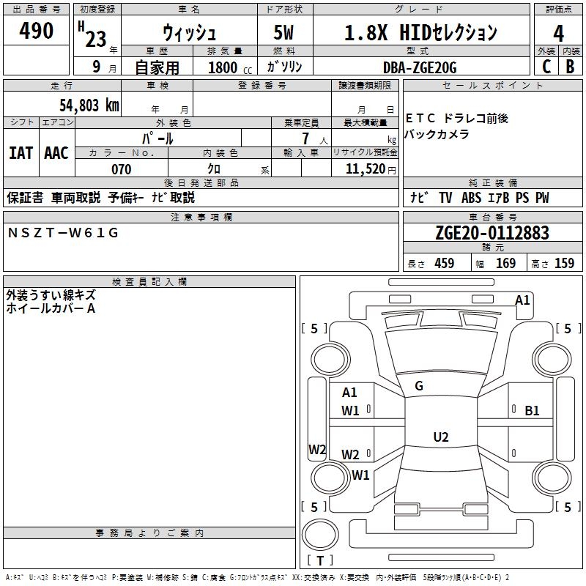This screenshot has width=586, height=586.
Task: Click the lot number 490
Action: (x=36, y=30)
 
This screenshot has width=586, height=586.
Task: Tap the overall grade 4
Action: (x=558, y=34)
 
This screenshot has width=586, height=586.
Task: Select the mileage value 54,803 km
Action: (x=89, y=105)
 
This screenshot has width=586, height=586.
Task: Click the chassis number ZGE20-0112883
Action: (x=492, y=233)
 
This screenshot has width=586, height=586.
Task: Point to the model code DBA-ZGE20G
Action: (x=420, y=67)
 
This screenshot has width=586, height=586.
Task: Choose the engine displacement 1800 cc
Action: (x=230, y=67)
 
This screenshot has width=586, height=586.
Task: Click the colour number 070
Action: (x=122, y=169)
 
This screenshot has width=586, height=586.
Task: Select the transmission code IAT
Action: (x=21, y=153)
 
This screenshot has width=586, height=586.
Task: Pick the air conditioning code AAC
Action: (x=56, y=153)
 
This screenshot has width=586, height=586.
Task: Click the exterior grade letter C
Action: (x=546, y=67)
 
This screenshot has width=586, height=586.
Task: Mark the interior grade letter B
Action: (x=570, y=67)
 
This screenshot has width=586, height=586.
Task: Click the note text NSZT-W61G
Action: (x=63, y=233)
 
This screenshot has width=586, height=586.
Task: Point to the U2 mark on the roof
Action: (x=441, y=437)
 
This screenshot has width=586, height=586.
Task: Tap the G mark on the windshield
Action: (x=419, y=386)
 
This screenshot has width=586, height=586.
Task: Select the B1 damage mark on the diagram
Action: (x=532, y=411)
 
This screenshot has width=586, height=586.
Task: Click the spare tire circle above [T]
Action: (x=320, y=535)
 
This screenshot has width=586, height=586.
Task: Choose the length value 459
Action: (x=445, y=263)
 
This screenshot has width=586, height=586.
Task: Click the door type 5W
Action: (x=283, y=32)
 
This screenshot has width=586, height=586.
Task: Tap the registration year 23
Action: (x=96, y=39)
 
